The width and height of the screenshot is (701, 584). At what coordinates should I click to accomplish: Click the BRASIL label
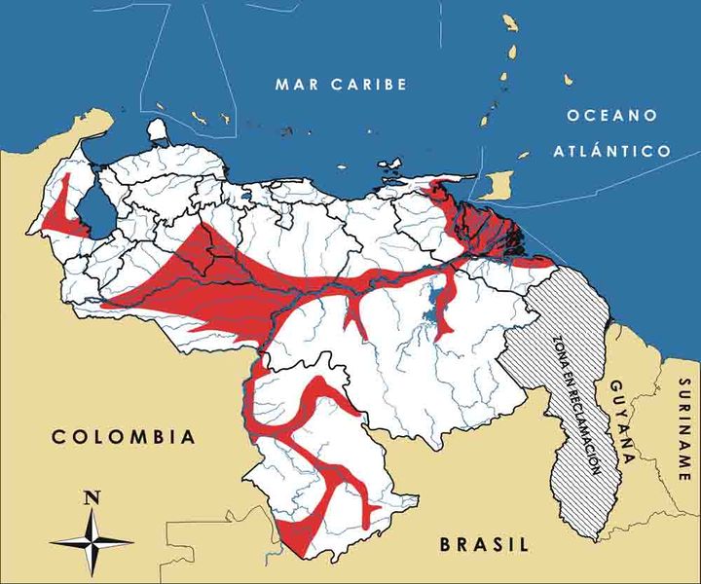coord(483,544)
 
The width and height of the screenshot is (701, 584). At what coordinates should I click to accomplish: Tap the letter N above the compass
coord(92,497)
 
